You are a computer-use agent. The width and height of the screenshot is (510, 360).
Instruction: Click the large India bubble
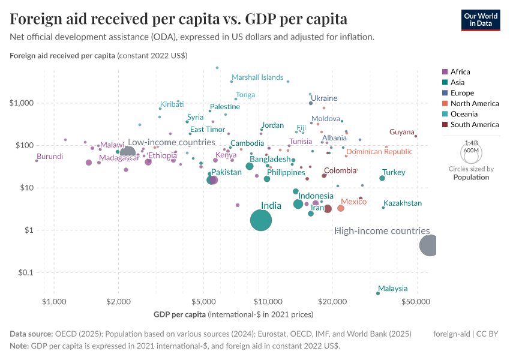[260, 221]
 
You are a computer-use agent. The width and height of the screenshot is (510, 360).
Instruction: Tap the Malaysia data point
[377, 293]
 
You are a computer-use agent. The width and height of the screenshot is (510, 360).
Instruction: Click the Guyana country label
[401, 132]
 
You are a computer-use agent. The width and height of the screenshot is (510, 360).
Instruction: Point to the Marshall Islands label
[257, 77]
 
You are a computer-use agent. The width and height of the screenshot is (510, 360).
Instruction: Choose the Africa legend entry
[455, 71]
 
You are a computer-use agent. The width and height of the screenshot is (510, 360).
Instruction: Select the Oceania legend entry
[459, 114]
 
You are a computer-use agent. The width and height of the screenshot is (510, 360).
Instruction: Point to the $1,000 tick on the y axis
[22, 103]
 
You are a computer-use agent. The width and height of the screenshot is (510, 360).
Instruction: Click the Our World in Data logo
[481, 19]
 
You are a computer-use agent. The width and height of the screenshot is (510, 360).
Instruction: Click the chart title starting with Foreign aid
[178, 19]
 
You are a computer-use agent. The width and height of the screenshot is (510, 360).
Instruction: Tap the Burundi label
[50, 157]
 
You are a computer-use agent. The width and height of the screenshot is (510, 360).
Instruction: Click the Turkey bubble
[382, 178]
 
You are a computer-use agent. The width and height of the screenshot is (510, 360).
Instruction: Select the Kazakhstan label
[403, 203]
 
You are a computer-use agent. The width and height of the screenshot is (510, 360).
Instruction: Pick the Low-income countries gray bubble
[128, 152]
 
